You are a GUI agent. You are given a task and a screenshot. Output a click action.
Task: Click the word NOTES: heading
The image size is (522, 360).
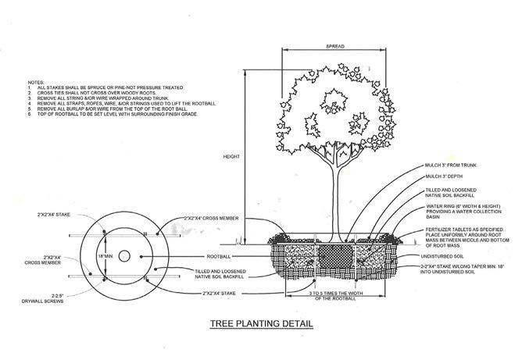point(37,80)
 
